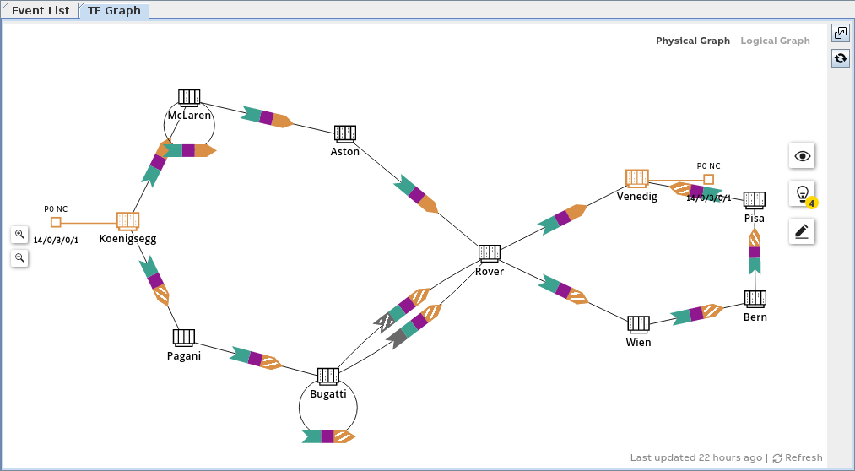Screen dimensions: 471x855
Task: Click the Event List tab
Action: (x=41, y=11)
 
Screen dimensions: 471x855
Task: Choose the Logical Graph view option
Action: (x=775, y=41)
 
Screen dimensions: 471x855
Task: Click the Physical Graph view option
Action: (x=693, y=41)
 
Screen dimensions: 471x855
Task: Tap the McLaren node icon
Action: (x=189, y=98)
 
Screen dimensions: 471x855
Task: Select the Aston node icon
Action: (x=345, y=133)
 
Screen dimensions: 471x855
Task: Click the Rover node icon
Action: (x=490, y=253)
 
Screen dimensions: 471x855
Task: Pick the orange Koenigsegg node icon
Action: (x=127, y=221)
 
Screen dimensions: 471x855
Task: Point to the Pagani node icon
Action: (x=184, y=338)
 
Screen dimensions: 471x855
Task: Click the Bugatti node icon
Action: (x=328, y=376)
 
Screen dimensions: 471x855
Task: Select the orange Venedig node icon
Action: (x=637, y=178)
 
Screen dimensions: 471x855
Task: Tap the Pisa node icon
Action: (x=755, y=200)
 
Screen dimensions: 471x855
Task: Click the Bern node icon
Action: (x=755, y=299)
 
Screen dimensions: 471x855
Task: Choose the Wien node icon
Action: (x=638, y=324)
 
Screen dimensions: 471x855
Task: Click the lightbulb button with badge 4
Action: (x=802, y=193)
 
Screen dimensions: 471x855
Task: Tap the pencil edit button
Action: (x=802, y=231)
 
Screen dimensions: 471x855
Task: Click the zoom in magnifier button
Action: (x=19, y=234)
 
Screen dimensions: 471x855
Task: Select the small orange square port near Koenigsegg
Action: (x=56, y=222)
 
